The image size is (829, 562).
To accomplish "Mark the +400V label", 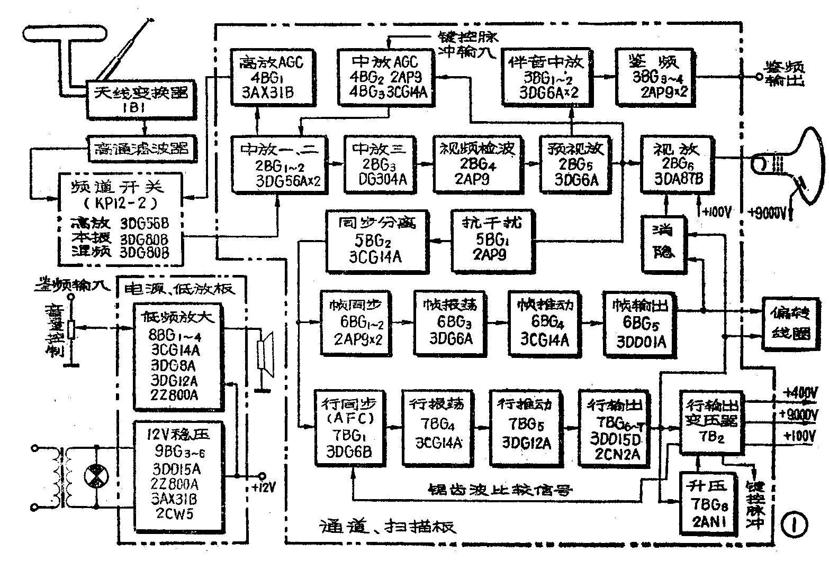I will pos(801,393).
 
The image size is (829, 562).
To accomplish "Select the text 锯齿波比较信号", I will pos(500,489).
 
